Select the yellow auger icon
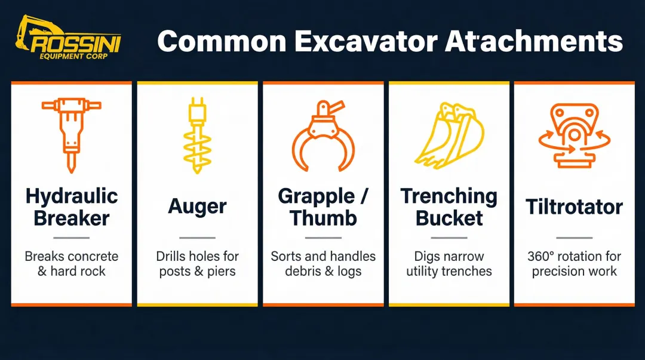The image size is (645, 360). (x=197, y=137)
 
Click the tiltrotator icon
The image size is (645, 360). (x=574, y=135)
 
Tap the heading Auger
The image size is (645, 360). (x=197, y=207)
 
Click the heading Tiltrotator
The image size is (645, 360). (x=574, y=207)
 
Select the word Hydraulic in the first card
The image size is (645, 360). (x=72, y=196)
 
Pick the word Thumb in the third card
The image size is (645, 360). (x=323, y=218)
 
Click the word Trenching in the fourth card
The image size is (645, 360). (x=449, y=196)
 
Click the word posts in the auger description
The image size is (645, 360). (x=173, y=271)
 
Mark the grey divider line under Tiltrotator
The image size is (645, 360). (x=574, y=237)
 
